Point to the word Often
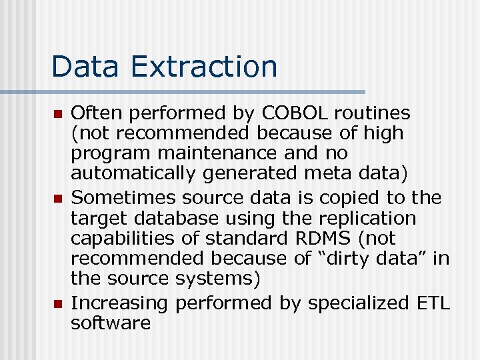pyautogui.click(x=93, y=113)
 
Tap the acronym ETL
pyautogui.click(x=433, y=303)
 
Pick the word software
pyautogui.click(x=111, y=323)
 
